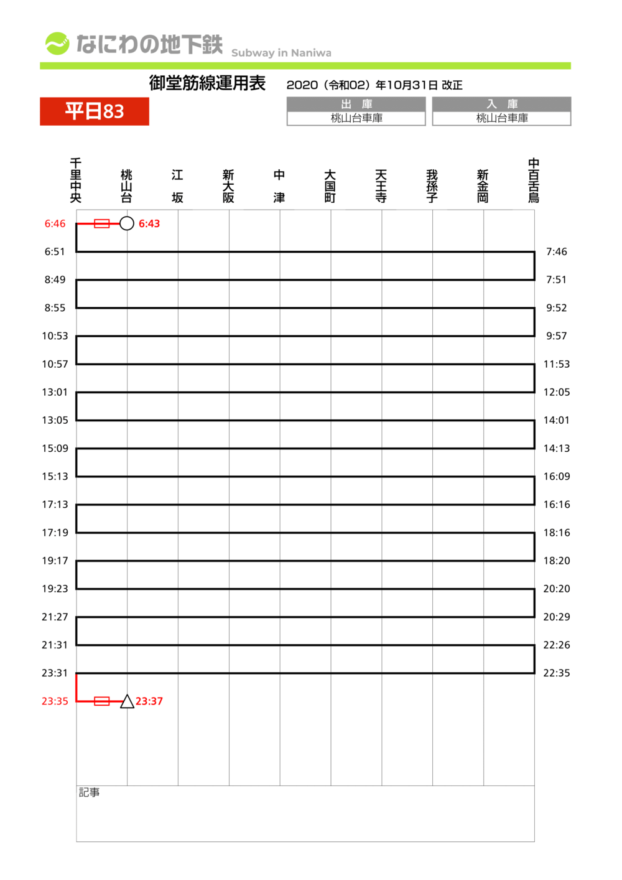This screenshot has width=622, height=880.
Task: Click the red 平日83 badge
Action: tap(95, 111)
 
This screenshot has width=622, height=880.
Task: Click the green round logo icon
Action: tap(57, 44)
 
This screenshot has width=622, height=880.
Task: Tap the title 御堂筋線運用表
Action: tap(207, 83)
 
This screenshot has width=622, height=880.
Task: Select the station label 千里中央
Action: tap(76, 180)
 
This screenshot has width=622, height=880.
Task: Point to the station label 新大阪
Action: tap(228, 186)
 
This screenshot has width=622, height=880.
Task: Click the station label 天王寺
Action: tap(381, 186)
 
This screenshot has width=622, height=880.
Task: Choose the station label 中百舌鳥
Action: tap(534, 180)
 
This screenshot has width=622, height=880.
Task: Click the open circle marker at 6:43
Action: tap(127, 223)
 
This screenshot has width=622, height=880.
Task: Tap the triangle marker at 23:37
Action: tap(127, 702)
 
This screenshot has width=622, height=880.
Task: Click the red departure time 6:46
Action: tap(55, 224)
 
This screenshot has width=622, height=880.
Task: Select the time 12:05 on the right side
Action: tap(557, 392)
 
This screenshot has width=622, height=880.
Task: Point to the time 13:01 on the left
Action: tap(55, 392)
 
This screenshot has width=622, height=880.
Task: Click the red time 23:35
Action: tap(55, 701)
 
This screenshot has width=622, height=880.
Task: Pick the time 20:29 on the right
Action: tap(557, 617)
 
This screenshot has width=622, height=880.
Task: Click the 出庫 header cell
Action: tap(356, 104)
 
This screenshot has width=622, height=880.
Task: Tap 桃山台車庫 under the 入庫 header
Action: tap(502, 118)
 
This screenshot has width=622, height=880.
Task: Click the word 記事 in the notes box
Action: tap(89, 792)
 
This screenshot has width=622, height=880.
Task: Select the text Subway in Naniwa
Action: tap(281, 53)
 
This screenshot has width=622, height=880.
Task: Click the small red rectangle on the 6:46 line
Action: tap(101, 223)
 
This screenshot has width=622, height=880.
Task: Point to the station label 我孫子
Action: tap(432, 186)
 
